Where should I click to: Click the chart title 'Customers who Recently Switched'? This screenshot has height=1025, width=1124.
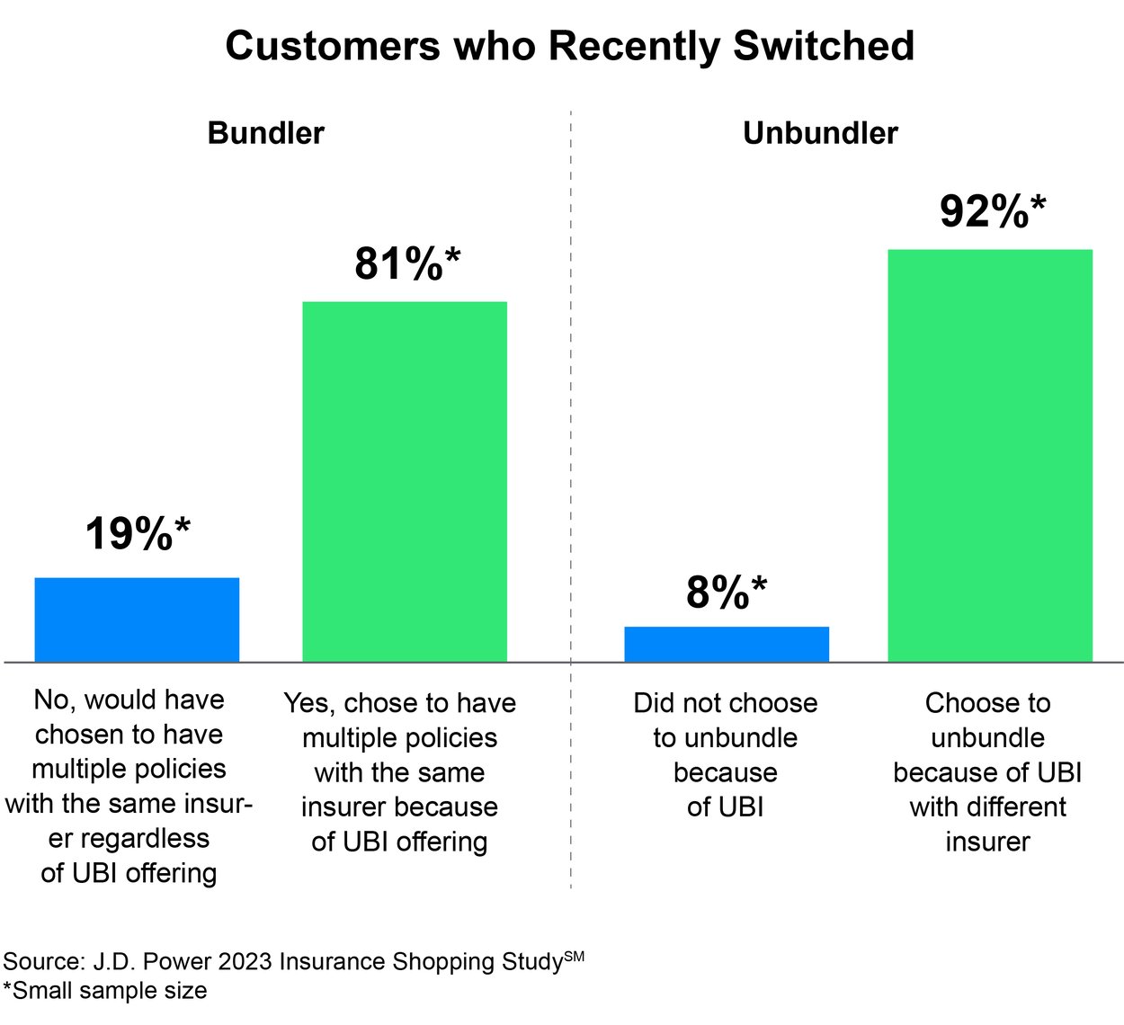tap(569, 46)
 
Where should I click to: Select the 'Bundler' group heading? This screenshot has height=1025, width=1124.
tap(265, 133)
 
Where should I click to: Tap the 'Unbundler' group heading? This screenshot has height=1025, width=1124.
tap(820, 133)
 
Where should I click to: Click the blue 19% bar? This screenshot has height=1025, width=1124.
tap(137, 619)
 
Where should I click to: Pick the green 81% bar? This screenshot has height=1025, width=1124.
tap(405, 482)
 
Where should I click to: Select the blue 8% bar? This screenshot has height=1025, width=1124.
tap(727, 645)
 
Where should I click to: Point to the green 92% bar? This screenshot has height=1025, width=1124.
tap(990, 456)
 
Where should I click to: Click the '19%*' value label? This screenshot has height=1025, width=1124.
tap(138, 534)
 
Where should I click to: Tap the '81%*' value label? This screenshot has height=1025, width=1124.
tap(407, 263)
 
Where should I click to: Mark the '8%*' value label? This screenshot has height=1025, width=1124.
tap(727, 593)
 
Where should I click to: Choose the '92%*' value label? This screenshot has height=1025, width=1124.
tap(993, 212)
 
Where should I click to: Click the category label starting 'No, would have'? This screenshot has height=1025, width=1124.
tap(129, 786)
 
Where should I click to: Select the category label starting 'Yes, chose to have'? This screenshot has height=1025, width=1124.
tap(400, 771)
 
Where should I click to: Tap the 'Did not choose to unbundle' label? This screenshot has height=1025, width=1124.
tap(726, 754)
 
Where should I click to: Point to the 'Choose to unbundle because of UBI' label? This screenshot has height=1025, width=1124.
tap(987, 771)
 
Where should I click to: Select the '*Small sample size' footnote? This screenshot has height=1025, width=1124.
tap(105, 991)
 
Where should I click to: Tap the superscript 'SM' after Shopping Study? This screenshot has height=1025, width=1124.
tap(574, 957)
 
